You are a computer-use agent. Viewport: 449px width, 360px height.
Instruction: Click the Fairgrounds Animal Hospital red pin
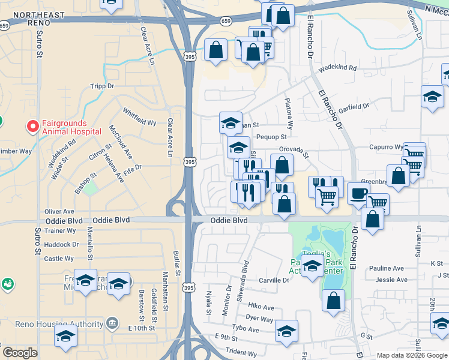(x=32, y=127)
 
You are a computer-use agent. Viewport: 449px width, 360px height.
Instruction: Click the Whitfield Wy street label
(x=139, y=116)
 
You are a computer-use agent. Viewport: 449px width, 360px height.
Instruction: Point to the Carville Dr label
(x=273, y=280)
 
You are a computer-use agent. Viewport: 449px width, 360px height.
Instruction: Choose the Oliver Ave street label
(x=59, y=211)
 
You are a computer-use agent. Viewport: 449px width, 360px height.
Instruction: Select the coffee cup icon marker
(x=358, y=194)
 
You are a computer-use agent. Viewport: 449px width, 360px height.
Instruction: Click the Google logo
(x=20, y=353)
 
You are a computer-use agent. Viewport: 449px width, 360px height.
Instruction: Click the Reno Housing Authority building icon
(x=112, y=324)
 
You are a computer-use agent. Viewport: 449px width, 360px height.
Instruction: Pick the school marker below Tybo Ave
(x=287, y=332)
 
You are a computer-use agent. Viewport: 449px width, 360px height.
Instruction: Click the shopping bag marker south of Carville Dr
(x=333, y=300)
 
